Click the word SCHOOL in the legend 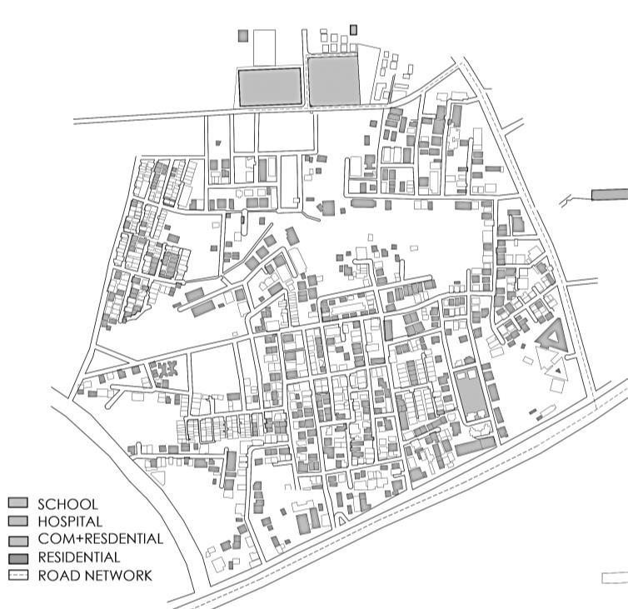pyautogui.click(x=67, y=504)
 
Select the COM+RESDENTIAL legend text pyautogui.click(x=100, y=539)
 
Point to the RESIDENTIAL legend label pyautogui.click(x=78, y=557)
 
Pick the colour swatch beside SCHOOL pyautogui.click(x=18, y=503)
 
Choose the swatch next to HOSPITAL pyautogui.click(x=18, y=521)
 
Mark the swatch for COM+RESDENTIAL pyautogui.click(x=18, y=539)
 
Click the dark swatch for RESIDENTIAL pyautogui.click(x=18, y=557)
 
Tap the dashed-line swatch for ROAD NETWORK pyautogui.click(x=18, y=575)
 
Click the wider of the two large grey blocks pyautogui.click(x=270, y=87)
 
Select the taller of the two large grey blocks pyautogui.click(x=335, y=80)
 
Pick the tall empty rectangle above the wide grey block pyautogui.click(x=264, y=47)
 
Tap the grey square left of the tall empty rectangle pyautogui.click(x=243, y=36)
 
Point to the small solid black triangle pyautogui.click(x=559, y=367)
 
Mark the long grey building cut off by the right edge pyautogui.click(x=610, y=194)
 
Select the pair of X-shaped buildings pyautogui.click(x=165, y=367)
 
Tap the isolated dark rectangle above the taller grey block pyautogui.click(x=354, y=29)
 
